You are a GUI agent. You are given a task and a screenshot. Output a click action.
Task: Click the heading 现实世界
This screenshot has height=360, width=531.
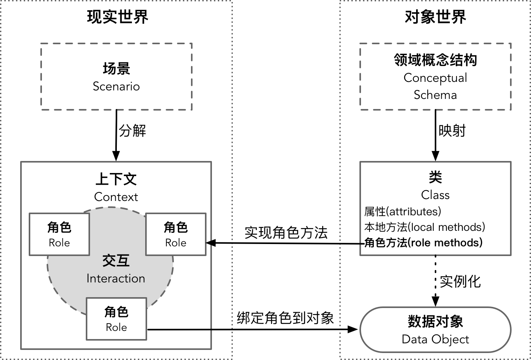tap(117, 17)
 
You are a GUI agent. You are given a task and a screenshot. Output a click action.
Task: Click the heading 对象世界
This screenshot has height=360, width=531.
tap(435, 17)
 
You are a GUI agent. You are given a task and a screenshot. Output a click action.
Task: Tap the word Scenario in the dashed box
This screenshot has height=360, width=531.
tap(116, 86)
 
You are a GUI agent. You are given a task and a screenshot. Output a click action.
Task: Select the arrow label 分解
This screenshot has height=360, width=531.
tap(132, 131)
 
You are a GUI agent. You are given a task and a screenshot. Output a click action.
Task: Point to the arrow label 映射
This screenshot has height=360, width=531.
tap(452, 131)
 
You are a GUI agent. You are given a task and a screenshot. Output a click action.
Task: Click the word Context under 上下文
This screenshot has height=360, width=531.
tap(116, 197)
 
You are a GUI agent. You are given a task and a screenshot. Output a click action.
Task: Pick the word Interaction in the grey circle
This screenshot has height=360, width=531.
tap(116, 279)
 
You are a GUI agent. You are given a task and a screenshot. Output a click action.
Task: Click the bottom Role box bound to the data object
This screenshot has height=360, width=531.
tap(116, 319)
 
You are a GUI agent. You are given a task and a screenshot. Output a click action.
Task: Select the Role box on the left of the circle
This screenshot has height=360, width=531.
tap(59, 234)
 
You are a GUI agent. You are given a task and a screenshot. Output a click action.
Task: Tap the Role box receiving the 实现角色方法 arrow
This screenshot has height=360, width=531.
tap(176, 234)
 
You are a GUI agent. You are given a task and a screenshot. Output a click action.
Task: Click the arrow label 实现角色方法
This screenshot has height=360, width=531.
tap(286, 233)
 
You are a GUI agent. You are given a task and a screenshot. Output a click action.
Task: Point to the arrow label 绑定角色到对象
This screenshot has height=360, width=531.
tap(285, 318)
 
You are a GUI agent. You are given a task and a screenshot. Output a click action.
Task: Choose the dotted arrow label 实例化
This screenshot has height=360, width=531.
tap(460, 281)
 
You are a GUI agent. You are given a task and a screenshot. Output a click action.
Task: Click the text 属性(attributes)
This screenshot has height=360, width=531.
tap(403, 211)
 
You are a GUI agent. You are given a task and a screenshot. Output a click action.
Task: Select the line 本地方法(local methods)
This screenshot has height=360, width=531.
tap(425, 227)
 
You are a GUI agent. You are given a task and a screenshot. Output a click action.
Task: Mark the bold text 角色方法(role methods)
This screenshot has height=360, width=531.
tap(423, 243)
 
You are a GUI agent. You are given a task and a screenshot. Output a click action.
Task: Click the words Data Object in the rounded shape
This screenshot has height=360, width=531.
tap(435, 339)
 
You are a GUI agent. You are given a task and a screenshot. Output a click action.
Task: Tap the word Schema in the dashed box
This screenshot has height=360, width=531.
tap(435, 95)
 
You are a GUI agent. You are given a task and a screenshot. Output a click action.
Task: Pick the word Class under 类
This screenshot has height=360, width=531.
tap(435, 195)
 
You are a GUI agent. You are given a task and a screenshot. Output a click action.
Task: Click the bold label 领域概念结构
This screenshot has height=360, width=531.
tap(435, 60)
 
